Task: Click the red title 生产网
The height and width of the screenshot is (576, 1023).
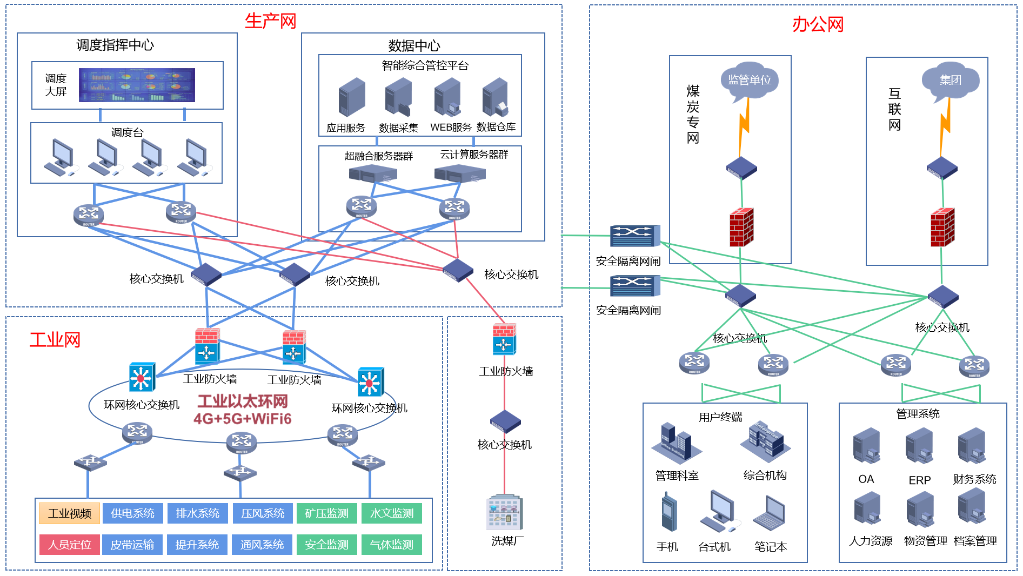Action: [x=270, y=21]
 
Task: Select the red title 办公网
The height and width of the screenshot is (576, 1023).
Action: [x=818, y=24]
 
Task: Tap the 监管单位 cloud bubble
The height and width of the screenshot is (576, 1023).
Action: [x=749, y=81]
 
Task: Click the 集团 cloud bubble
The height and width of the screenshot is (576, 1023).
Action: [x=950, y=81]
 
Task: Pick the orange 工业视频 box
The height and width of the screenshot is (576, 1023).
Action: [x=70, y=513]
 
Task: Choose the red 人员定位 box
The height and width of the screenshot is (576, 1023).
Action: [x=70, y=545]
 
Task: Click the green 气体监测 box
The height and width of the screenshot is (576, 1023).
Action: [x=392, y=545]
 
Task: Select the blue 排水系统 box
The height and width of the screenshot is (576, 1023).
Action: [x=197, y=513]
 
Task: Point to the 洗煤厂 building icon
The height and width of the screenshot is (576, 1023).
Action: [x=505, y=513]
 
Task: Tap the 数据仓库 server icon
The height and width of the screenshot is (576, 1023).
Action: [x=496, y=98]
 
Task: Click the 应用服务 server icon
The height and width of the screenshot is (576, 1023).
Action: [x=352, y=97]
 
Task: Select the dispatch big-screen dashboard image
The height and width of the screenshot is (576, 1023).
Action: [x=137, y=85]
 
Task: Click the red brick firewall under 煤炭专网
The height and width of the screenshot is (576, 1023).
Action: [x=741, y=227]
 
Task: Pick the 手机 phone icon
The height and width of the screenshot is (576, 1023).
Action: [x=668, y=512]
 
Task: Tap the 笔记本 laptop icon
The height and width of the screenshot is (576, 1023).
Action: [x=770, y=513]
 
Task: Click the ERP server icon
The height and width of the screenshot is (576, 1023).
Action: [x=919, y=446]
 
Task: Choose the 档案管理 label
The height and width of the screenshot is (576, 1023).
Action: [x=975, y=541]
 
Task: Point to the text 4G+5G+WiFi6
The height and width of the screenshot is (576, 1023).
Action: [x=243, y=419]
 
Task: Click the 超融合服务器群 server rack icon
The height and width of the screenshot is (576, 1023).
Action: [x=373, y=173]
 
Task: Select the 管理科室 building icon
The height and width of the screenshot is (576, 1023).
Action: [x=676, y=444]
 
